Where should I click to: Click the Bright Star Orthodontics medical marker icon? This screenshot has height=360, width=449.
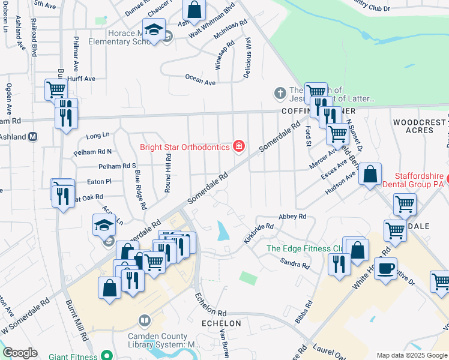tap(239, 146)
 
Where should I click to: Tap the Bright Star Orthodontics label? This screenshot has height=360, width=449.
tap(185, 146)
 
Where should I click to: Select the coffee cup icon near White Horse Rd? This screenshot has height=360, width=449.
tap(386, 268)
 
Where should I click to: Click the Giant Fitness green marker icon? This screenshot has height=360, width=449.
tap(107, 356)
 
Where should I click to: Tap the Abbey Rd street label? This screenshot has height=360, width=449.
tap(292, 216)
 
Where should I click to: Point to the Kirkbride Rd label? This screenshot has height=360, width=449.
tap(259, 233)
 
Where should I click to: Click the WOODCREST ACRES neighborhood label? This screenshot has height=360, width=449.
tap(420, 126)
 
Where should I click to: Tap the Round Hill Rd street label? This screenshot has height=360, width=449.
tap(168, 169)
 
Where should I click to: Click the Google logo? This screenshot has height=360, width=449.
tap(20, 353)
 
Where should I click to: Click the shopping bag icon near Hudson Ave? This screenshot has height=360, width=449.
tap(371, 175)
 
